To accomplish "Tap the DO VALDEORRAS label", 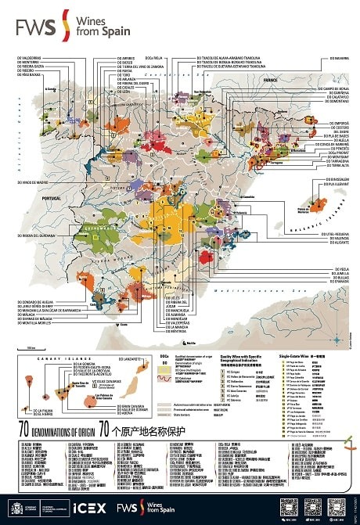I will click(32, 58).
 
